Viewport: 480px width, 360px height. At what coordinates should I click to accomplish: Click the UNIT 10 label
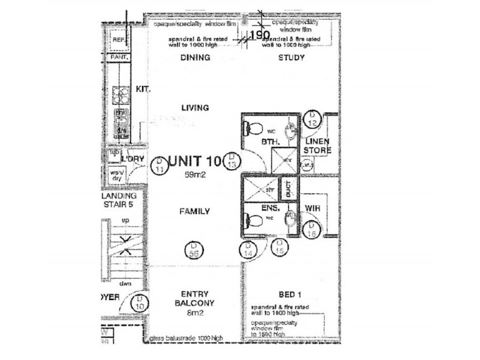195,161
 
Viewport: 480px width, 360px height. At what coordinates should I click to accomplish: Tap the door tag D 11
159,166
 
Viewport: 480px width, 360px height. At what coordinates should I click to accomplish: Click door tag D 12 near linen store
311,119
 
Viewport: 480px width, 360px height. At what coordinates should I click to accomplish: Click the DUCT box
288,190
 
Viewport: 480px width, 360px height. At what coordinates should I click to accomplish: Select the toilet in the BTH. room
254,127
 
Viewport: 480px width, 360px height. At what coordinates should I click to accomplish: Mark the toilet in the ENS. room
254,221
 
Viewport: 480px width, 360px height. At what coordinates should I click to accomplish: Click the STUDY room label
292,58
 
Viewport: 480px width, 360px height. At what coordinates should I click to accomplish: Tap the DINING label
195,58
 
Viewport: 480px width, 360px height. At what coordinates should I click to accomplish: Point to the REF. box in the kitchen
118,40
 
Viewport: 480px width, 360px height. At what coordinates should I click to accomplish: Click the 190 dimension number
259,35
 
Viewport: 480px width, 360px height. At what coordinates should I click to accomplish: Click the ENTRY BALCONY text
194,298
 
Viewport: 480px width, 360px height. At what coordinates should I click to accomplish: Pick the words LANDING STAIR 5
119,200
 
